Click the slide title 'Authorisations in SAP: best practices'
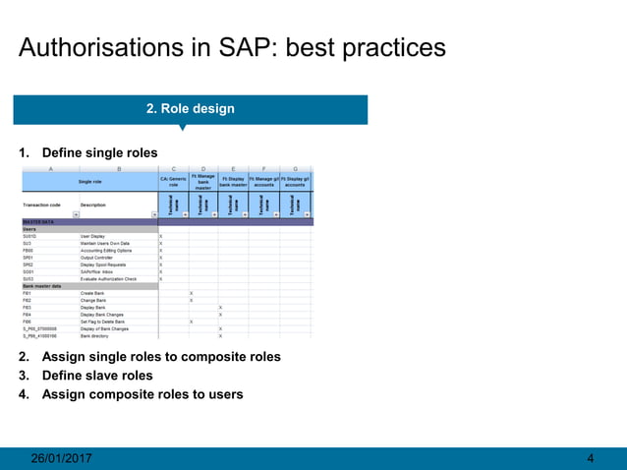[232, 47]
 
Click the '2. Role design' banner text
[191, 108]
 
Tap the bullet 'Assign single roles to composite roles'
[161, 357]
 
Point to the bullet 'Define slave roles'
[97, 376]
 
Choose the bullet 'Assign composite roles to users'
[142, 394]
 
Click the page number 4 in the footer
[590, 458]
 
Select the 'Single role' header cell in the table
[89, 182]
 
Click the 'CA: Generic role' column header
[173, 182]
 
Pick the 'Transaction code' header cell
[42, 205]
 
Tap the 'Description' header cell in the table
[93, 205]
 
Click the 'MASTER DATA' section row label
[37, 223]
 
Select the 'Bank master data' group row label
[42, 286]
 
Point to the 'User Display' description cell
[92, 237]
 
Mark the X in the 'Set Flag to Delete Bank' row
[191, 322]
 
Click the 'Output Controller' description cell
[96, 258]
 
